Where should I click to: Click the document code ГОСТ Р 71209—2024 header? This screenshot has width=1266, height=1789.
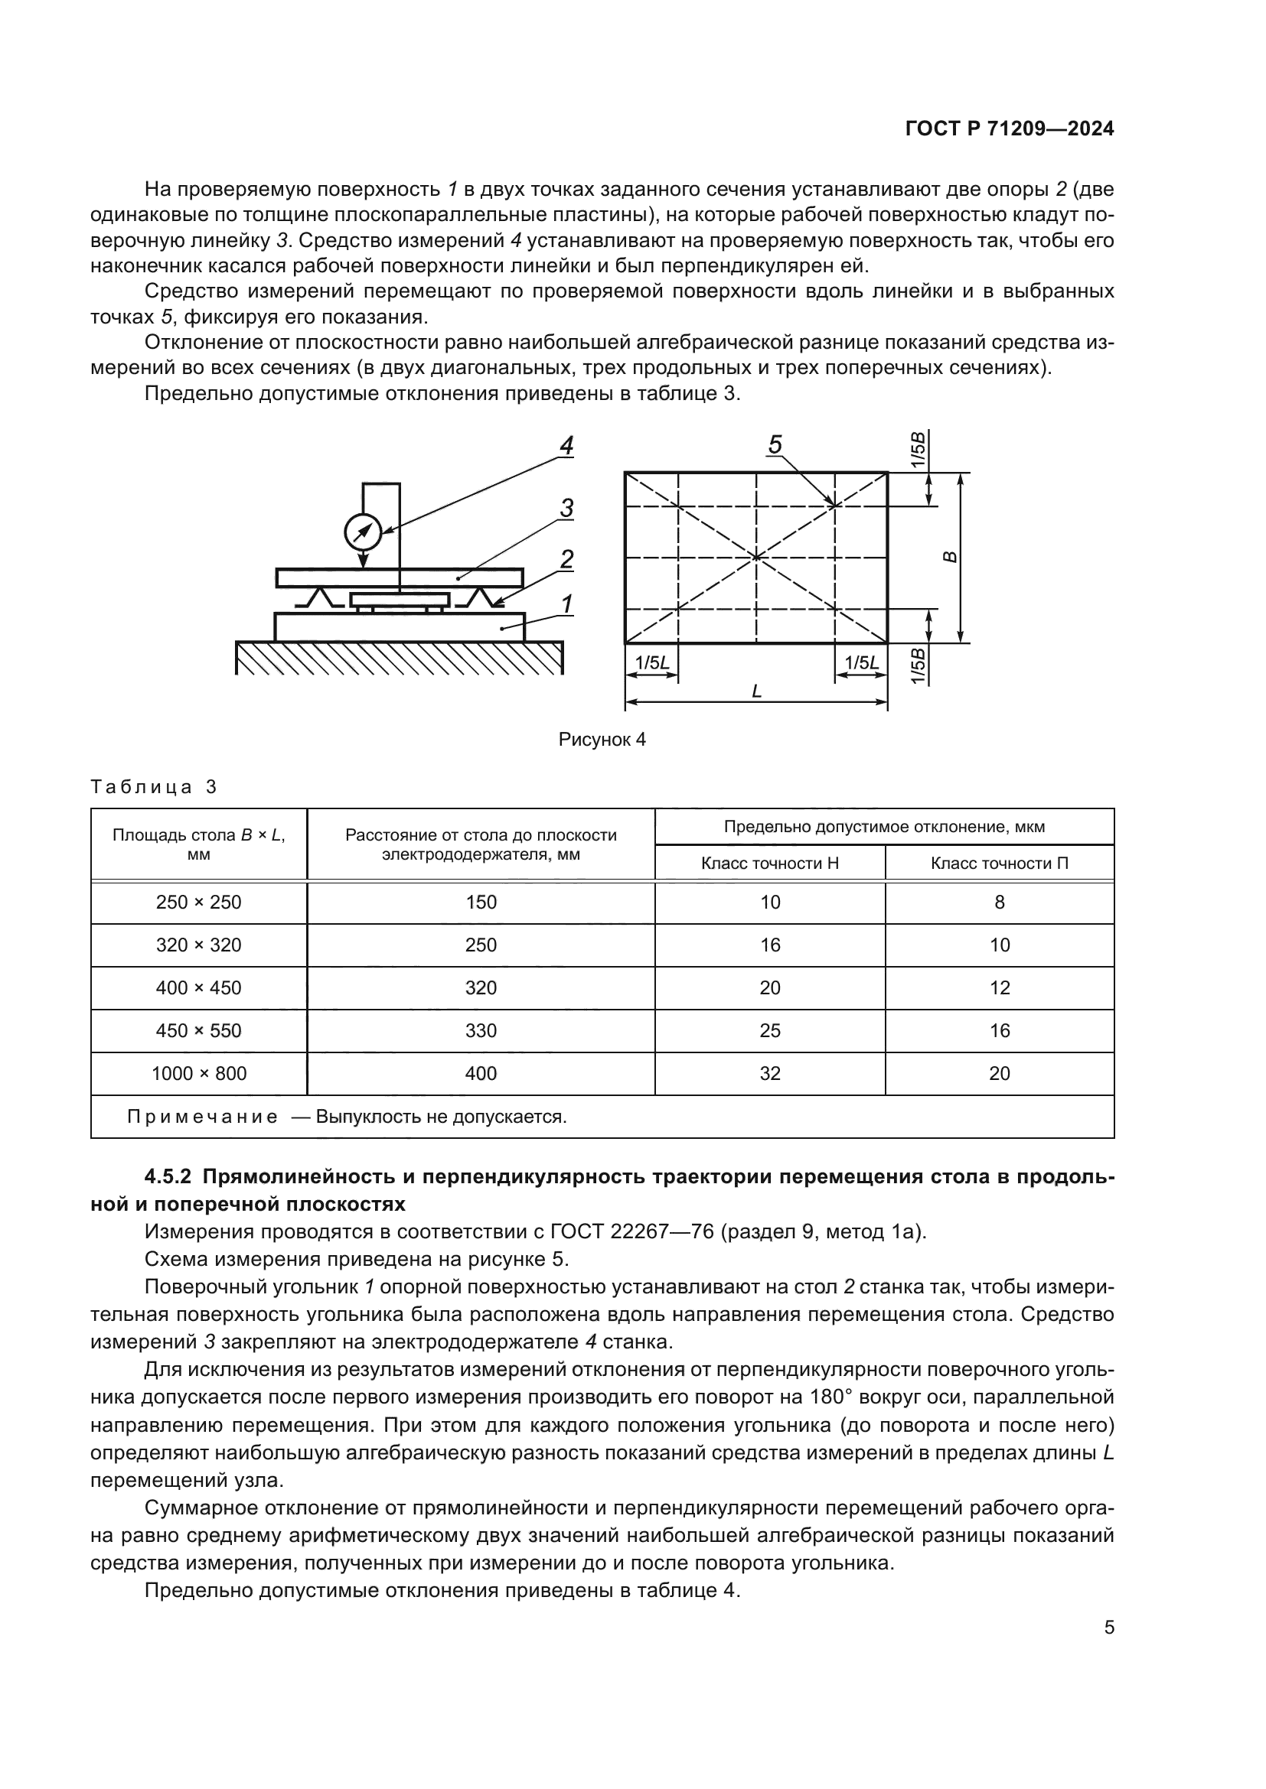point(1009,129)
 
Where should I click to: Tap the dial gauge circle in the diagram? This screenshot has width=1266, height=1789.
point(363,533)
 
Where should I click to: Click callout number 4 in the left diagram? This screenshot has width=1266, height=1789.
point(566,447)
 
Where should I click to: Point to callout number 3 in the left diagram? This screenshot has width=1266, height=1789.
point(566,509)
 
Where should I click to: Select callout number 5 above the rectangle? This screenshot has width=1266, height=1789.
point(775,445)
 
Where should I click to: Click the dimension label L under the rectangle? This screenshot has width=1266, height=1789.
point(756,691)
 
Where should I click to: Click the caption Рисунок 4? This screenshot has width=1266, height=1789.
point(602,740)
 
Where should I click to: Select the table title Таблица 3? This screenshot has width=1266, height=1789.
point(154,787)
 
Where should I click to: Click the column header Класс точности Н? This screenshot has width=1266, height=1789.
point(769,864)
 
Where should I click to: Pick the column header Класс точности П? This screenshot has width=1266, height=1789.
point(1000,864)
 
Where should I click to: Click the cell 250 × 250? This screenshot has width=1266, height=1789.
point(199,903)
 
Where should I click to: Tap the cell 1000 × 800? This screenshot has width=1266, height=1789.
point(199,1074)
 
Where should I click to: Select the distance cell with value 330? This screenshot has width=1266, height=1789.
point(481,1031)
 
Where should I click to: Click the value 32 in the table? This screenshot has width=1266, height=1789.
point(769,1074)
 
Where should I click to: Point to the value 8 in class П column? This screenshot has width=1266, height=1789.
point(1000,903)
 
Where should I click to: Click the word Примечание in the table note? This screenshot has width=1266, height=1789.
point(203,1117)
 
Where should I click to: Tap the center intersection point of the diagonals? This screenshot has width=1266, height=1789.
point(756,557)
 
